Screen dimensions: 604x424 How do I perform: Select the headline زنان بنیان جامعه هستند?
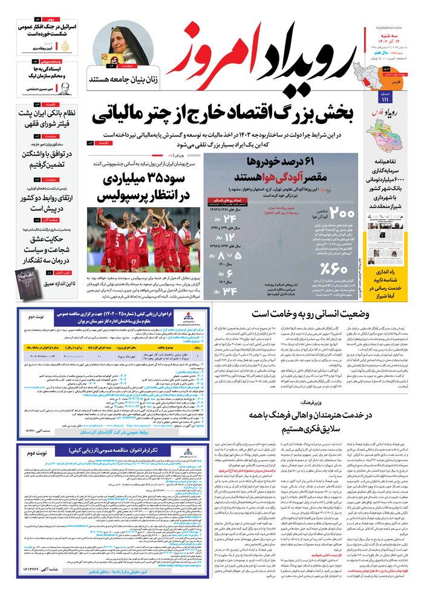tap(123, 80)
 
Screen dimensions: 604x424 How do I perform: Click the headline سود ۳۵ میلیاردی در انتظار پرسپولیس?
tap(143, 187)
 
